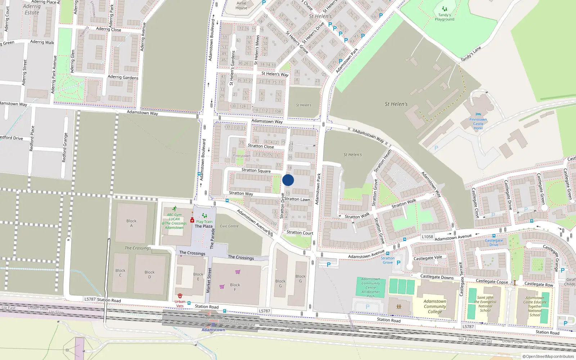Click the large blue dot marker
[x=288, y=180]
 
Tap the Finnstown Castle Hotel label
[x=478, y=124]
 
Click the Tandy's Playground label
[x=444, y=17]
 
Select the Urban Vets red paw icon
[x=180, y=296]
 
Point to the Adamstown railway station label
[x=213, y=330]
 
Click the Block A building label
[x=131, y=223]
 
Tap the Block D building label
[x=149, y=274]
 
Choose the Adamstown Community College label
[x=435, y=306]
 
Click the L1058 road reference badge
[x=427, y=237]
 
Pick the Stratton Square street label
[x=256, y=170]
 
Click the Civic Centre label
[x=229, y=226]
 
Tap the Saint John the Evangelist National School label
[x=485, y=304]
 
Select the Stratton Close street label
[x=261, y=146]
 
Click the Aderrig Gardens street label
[x=123, y=77]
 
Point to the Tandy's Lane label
[x=471, y=54]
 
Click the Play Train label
[x=204, y=222]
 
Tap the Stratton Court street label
[x=300, y=233]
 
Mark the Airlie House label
[x=242, y=5]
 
